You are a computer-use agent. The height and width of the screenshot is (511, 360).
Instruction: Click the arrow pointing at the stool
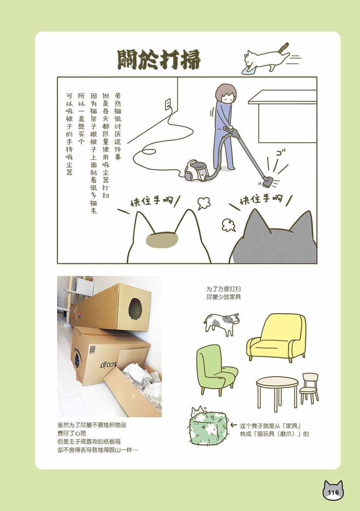pos(234,425)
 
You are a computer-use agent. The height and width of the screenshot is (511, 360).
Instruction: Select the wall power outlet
pos(167,104)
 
